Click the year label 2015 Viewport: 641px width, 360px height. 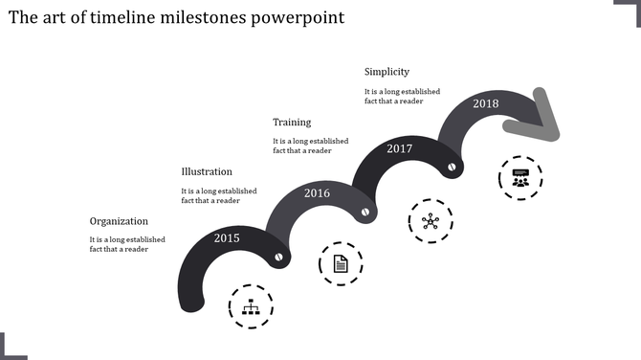227,237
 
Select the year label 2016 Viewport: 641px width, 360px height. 317,193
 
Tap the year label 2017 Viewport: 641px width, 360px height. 399,148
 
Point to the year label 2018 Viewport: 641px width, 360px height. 485,103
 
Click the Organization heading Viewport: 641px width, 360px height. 120,220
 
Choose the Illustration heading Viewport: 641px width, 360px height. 207,171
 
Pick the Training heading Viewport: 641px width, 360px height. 292,123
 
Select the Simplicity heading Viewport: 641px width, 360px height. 387,72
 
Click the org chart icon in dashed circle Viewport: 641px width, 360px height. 251,307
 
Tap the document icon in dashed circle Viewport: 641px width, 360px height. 341,263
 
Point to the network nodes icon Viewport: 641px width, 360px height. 431,221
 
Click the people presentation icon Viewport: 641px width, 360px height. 519,177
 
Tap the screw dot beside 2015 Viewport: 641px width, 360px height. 279,257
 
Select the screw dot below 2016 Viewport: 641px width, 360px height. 364,212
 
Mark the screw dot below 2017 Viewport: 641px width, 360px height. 452,167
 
